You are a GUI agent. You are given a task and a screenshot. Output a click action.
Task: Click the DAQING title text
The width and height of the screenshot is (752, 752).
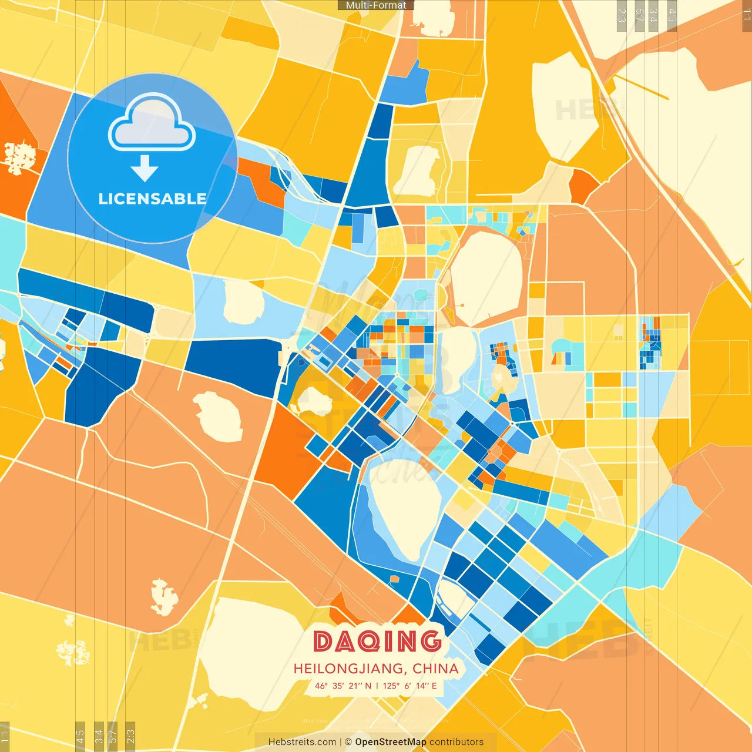coord(377,641)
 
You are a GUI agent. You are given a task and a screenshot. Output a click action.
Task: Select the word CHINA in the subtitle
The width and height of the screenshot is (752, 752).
coord(435,669)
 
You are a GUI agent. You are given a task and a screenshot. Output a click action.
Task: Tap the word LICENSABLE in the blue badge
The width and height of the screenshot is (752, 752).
coord(152,199)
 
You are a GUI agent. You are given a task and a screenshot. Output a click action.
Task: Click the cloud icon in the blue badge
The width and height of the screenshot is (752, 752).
coord(152,124)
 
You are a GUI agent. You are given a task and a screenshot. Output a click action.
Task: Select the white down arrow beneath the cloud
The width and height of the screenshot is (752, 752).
coord(145,169)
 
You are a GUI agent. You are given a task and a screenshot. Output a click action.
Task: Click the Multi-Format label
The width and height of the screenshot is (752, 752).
coord(376,5)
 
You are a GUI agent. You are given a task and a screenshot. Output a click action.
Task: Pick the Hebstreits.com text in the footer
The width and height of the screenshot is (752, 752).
coord(302,742)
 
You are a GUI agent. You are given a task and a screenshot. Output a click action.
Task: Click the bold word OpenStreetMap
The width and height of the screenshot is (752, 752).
coord(391,742)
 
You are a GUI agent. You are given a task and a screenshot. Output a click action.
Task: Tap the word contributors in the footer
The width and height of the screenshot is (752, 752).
coord(456,742)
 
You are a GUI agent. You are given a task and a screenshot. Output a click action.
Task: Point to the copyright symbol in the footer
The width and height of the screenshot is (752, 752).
coord(348,742)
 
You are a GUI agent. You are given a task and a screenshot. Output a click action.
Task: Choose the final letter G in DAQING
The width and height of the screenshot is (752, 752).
coord(431,641)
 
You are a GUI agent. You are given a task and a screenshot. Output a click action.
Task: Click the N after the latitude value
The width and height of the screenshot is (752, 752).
coord(368,686)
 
